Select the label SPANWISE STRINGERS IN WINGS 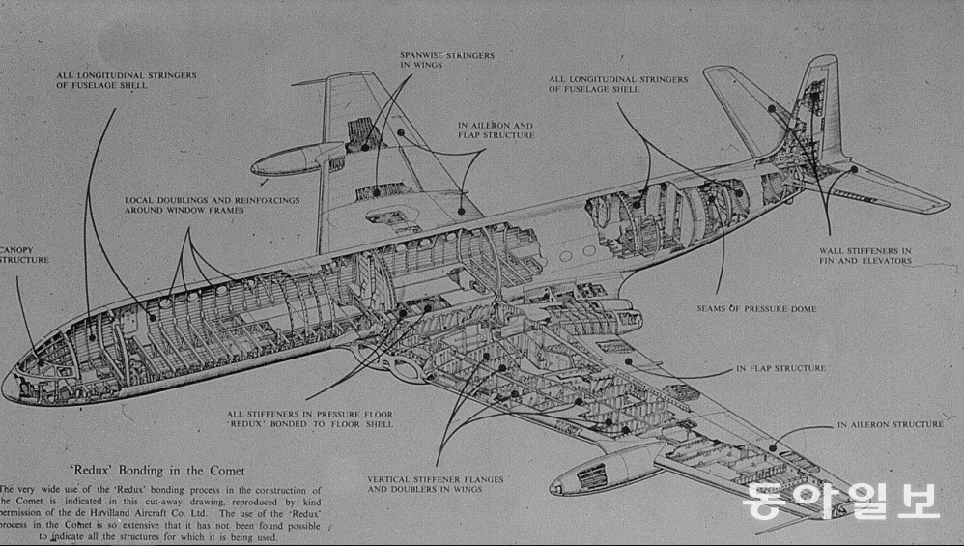pos(446,61)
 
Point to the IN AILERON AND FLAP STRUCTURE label pos(496,129)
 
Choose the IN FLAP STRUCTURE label pos(780,368)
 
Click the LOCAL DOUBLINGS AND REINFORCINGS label pos(212,206)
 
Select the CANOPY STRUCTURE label pos(25,253)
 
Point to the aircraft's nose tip pos(8,386)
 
